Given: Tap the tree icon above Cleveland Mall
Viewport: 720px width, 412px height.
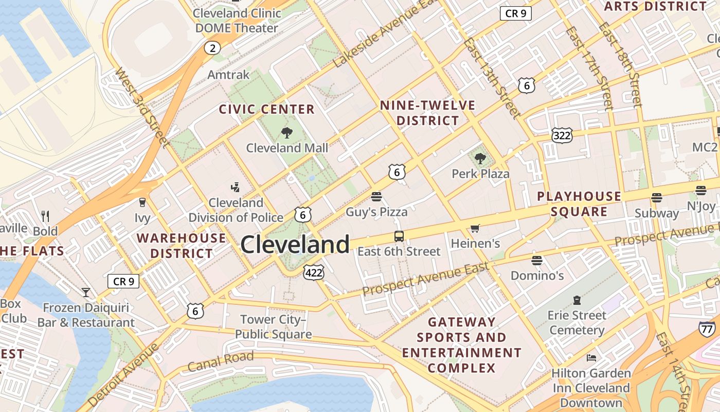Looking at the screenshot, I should coord(287,133).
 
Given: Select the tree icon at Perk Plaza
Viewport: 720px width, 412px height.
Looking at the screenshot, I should coord(480,159).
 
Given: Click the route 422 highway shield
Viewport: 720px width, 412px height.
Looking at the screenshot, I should coord(314,272).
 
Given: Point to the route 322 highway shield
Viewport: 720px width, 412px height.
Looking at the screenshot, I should coord(562,135).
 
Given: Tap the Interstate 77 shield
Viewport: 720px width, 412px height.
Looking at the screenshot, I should coord(707,329).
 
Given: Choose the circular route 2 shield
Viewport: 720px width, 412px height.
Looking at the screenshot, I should coord(212,48).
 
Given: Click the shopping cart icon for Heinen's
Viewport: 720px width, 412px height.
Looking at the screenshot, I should coord(475,228).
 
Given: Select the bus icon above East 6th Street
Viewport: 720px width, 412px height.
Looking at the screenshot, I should coord(399,236).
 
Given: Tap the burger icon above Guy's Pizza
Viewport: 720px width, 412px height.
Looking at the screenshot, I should coord(376,197).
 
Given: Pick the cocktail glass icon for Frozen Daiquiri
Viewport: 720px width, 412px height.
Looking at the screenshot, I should coord(86,293).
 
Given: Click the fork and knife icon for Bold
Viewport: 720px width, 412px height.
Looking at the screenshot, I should coord(45,216).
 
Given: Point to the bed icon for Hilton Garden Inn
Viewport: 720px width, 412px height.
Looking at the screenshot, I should coord(591,358).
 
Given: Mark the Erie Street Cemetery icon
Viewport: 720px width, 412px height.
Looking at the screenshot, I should coord(577,300).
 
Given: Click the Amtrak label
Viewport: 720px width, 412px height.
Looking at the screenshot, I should coord(228,75).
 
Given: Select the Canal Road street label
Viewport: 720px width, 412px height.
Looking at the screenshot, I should coord(221,361).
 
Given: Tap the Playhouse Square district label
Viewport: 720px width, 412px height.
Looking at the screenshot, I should coord(579,204).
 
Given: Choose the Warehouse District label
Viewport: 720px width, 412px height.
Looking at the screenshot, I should coord(181,246).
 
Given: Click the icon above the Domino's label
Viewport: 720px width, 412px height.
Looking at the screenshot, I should coord(537,261).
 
